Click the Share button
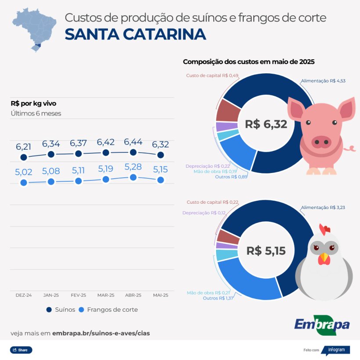click(x=21, y=350)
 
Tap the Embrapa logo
click(x=322, y=325)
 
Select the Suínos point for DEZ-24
click(x=24, y=157)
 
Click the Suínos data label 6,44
click(x=133, y=142)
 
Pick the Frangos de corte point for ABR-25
click(x=133, y=177)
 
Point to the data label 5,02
click(x=24, y=172)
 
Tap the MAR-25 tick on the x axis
click(x=106, y=295)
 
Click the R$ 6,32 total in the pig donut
click(x=266, y=124)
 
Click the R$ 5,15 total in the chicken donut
click(x=266, y=251)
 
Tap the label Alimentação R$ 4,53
click(x=323, y=81)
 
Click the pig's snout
click(x=321, y=141)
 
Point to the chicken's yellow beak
click(x=324, y=258)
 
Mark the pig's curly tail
click(x=350, y=148)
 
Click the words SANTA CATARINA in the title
click(x=135, y=34)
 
